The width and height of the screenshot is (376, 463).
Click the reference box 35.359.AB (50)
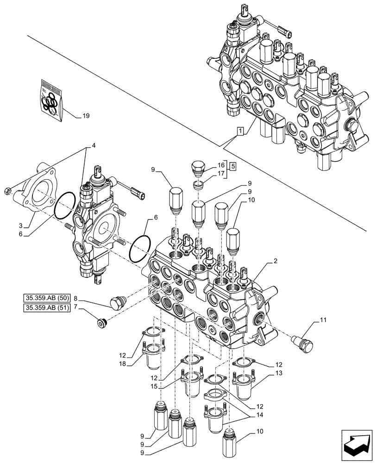pos(45,297)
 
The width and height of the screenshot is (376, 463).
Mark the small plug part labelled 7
pos(101,323)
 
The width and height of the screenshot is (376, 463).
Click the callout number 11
pos(322,319)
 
